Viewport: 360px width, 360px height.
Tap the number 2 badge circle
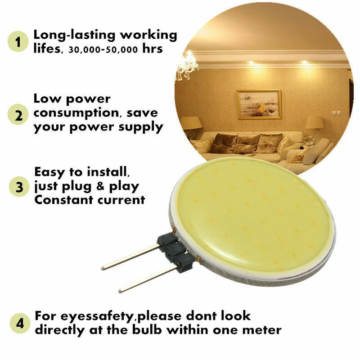coord(18,115)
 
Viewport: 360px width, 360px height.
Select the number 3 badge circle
coord(18,187)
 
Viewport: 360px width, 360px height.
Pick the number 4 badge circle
coord(18,323)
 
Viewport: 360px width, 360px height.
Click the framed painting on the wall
coord(259,104)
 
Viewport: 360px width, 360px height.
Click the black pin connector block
coord(173,254)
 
